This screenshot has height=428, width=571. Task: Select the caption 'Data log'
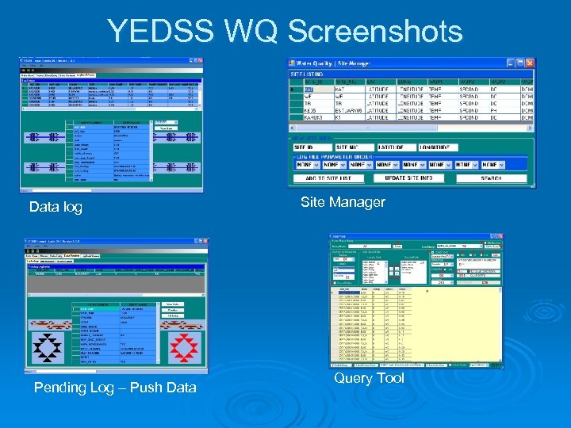(56, 207)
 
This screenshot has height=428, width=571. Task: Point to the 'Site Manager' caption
(343, 202)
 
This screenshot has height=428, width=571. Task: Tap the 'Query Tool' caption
(369, 378)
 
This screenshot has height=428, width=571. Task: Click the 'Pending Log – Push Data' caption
(115, 387)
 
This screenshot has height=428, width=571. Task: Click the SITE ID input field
(310, 147)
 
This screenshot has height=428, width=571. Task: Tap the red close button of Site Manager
(530, 63)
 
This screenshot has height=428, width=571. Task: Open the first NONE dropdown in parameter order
(305, 165)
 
